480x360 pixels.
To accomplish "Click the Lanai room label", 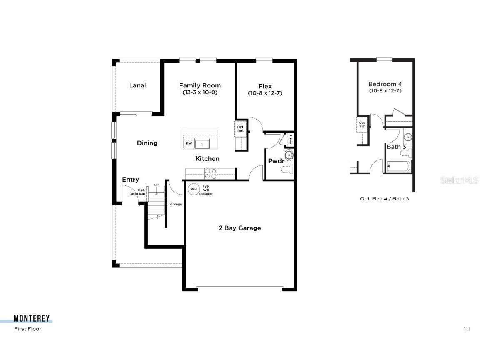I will tap(137, 85).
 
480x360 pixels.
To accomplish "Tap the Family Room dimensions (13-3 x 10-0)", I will tap(200, 92).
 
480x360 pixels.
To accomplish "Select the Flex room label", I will tap(265, 86).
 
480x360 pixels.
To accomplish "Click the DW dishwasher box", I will tap(189, 143).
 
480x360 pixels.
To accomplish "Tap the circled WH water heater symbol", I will tap(193, 189).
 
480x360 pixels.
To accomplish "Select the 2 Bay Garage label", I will tap(240, 228).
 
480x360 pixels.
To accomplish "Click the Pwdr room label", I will tap(276, 161).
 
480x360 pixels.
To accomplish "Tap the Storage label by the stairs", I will tap(175, 204).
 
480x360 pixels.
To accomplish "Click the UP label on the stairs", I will tap(156, 185).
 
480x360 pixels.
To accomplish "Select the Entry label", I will tap(130, 180).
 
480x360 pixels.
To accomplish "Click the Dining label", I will tap(147, 143).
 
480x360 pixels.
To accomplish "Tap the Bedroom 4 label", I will tap(385, 84).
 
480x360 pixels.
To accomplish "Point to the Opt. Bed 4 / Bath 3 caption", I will tap(384, 199).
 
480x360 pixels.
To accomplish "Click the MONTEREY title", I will tap(32, 319).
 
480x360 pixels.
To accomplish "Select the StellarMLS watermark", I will tap(459, 180).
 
